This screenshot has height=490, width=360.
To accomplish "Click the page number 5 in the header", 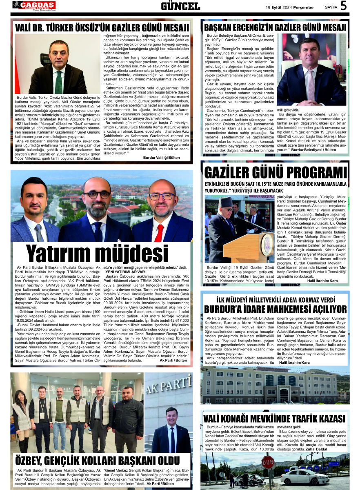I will (343, 6).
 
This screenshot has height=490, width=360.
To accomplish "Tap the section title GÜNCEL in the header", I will (180, 6).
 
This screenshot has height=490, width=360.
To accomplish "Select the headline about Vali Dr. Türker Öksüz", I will (102, 28).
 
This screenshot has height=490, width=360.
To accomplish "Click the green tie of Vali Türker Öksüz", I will (59, 82).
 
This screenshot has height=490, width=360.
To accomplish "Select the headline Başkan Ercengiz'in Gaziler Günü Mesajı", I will (275, 27).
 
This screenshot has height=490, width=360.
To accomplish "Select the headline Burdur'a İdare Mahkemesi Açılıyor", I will (275, 309).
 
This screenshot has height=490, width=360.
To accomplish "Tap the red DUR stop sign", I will (268, 462).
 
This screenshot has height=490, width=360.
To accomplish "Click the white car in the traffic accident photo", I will (299, 477).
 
